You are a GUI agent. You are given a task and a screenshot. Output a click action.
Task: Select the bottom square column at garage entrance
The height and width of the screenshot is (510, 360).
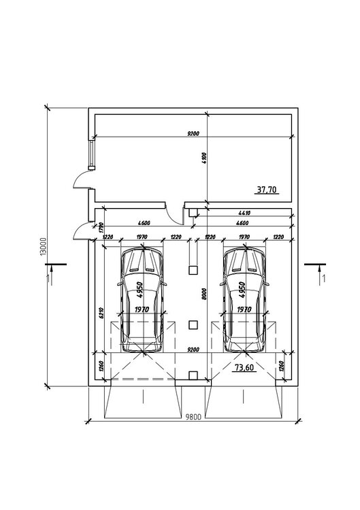tap(194, 374)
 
